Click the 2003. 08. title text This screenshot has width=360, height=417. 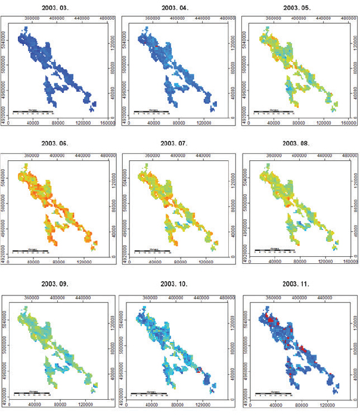tap(296, 144)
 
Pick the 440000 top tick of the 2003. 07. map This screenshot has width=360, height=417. tap(204, 155)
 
